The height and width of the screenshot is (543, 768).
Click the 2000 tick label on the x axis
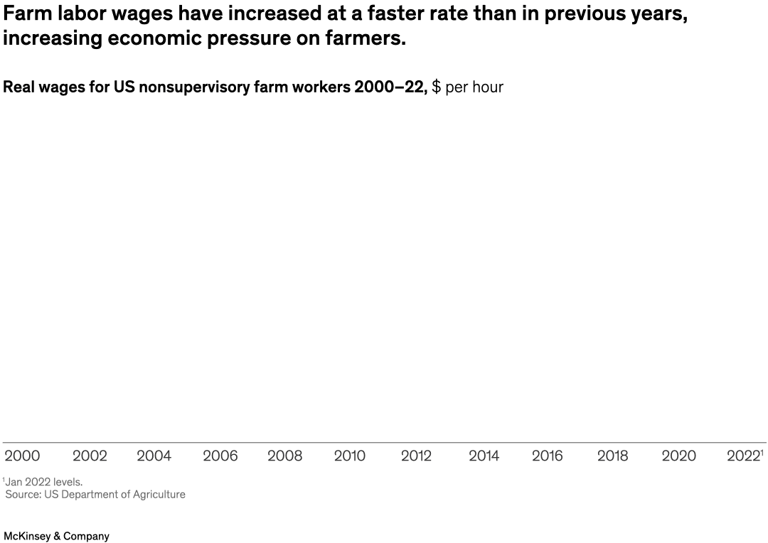pyautogui.click(x=22, y=456)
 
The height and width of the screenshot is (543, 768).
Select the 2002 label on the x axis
pyautogui.click(x=90, y=456)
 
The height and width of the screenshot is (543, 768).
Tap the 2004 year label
pyautogui.click(x=154, y=456)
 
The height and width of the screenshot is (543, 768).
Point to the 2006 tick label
pyautogui.click(x=220, y=456)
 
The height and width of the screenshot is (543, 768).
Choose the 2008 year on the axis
pyautogui.click(x=284, y=456)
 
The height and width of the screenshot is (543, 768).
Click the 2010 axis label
pyautogui.click(x=350, y=456)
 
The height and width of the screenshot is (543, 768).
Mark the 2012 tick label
pyautogui.click(x=416, y=456)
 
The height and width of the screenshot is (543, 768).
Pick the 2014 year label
pyautogui.click(x=484, y=456)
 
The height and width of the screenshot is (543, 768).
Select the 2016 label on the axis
pyautogui.click(x=548, y=456)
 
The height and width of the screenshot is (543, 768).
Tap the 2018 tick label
pyautogui.click(x=612, y=456)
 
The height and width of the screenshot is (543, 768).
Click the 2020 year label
pyautogui.click(x=678, y=456)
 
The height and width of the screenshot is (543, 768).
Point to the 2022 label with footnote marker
pyautogui.click(x=745, y=456)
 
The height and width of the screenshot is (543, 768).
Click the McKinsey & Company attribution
pyautogui.click(x=57, y=537)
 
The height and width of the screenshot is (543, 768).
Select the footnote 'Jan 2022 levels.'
pyautogui.click(x=43, y=482)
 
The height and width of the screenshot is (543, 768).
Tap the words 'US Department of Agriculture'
pyautogui.click(x=114, y=495)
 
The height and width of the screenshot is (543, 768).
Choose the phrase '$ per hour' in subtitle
pyautogui.click(x=467, y=87)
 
